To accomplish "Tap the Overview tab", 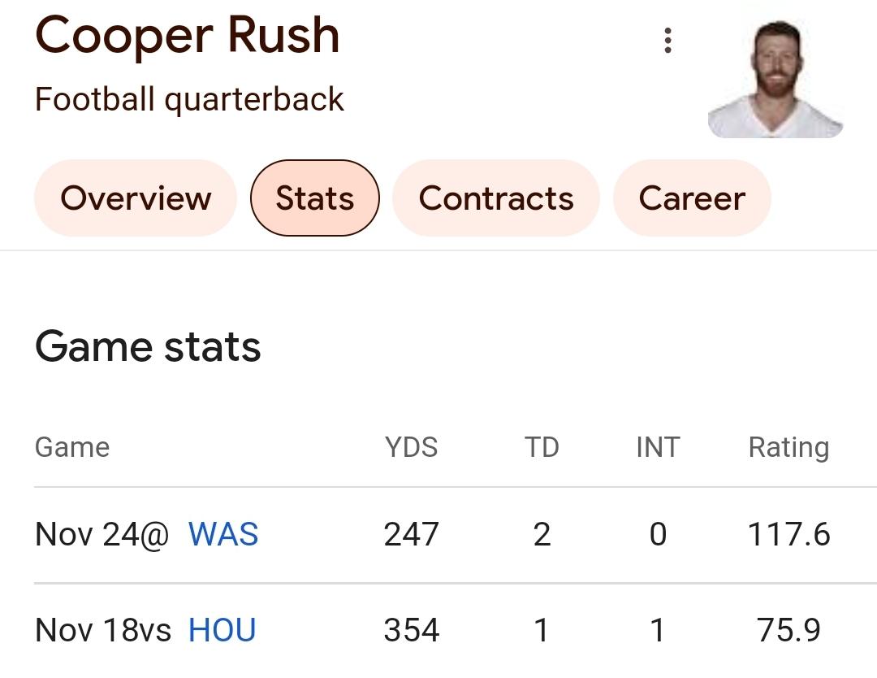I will pyautogui.click(x=136, y=198).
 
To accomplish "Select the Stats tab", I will pyautogui.click(x=315, y=198).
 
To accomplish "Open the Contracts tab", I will pyautogui.click(x=496, y=198).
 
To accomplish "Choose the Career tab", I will pyautogui.click(x=692, y=198).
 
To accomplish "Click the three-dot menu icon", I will pyautogui.click(x=667, y=40).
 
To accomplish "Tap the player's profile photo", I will pyautogui.click(x=775, y=79).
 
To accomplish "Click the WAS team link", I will pyautogui.click(x=223, y=535).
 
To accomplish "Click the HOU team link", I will pyautogui.click(x=222, y=631).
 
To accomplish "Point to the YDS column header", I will pyautogui.click(x=411, y=447).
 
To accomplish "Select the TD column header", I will pyautogui.click(x=542, y=447).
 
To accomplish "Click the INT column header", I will pyautogui.click(x=658, y=447).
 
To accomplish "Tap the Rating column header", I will pyautogui.click(x=788, y=447).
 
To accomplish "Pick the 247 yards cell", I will pyautogui.click(x=411, y=535).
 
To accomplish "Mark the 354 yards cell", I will pyautogui.click(x=411, y=631).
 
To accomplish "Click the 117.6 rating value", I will pyautogui.click(x=788, y=535).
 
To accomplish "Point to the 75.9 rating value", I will pyautogui.click(x=788, y=631).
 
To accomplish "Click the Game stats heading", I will pyautogui.click(x=148, y=347).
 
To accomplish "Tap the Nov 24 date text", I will pyautogui.click(x=89, y=535).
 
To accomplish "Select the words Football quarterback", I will pyautogui.click(x=189, y=100).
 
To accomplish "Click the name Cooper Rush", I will pyautogui.click(x=187, y=36).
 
